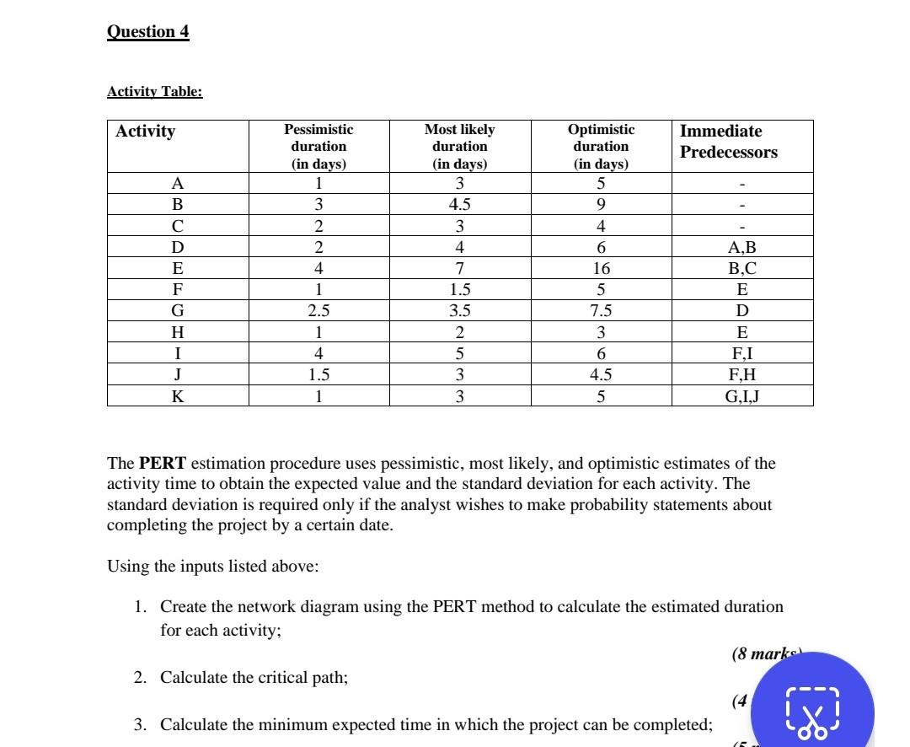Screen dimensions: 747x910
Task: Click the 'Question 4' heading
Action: tap(148, 32)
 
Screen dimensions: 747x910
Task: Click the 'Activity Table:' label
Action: tap(154, 91)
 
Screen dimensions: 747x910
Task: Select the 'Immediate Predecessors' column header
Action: tap(728, 142)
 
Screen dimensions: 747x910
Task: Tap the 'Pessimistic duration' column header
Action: tap(318, 147)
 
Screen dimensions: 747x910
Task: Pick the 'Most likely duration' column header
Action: tap(459, 147)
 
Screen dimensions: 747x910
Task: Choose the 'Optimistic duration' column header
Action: tap(601, 147)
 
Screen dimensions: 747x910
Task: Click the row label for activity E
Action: tap(177, 269)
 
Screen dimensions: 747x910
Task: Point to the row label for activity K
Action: tap(177, 396)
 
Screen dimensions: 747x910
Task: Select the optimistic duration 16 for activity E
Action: tap(601, 269)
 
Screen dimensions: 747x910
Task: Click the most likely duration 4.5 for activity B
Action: tap(460, 205)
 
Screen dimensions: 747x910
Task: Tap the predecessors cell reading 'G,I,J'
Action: tap(742, 396)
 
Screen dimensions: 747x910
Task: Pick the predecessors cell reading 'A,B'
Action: tap(742, 248)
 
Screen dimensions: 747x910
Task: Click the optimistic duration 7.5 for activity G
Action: tap(601, 311)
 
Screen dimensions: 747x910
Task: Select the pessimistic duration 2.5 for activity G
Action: tap(318, 311)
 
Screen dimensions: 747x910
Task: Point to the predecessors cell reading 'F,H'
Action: tap(742, 375)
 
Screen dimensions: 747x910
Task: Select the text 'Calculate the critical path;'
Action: tap(254, 678)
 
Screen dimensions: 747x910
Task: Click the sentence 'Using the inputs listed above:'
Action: tap(212, 566)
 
